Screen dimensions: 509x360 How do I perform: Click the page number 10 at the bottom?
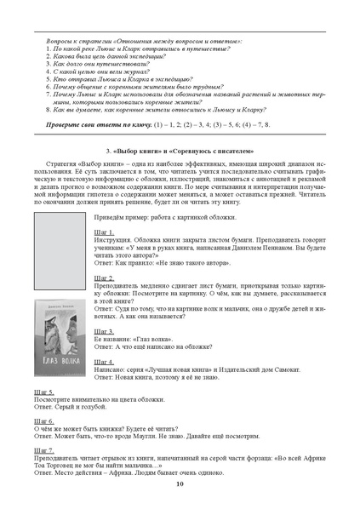pyautogui.click(x=180, y=483)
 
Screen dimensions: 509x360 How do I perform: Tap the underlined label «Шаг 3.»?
pyautogui.click(x=103, y=330)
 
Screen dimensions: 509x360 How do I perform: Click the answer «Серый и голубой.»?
pyautogui.click(x=75, y=406)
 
